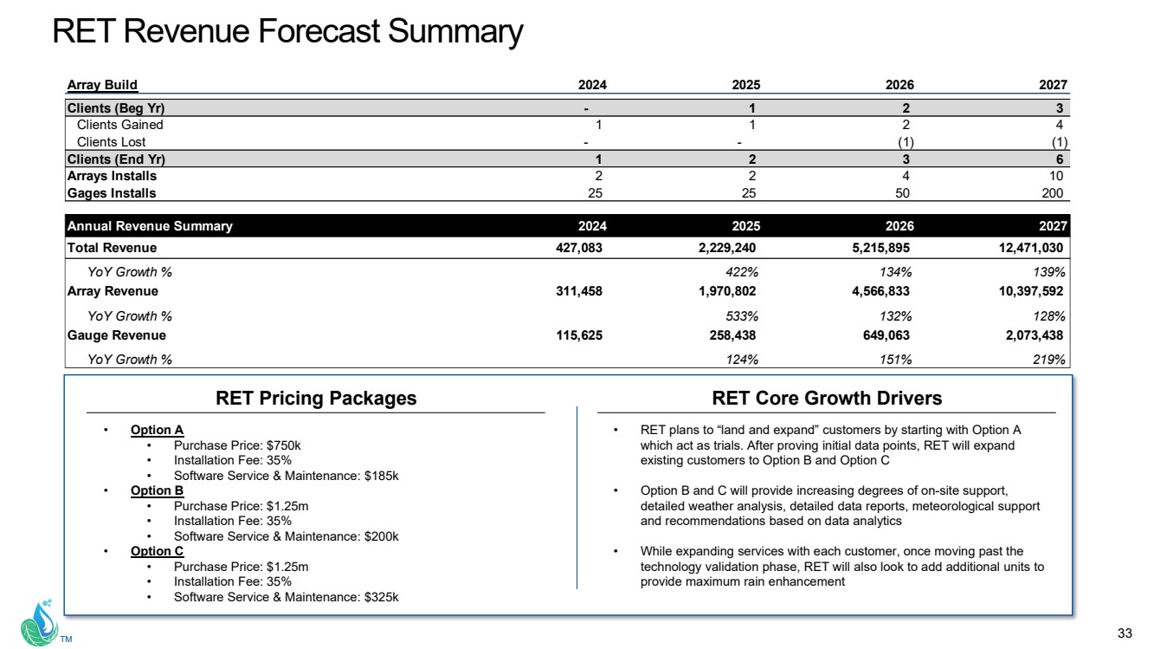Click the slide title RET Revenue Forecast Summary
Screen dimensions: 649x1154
pos(287,32)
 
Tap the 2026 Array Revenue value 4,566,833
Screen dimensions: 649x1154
pos(876,291)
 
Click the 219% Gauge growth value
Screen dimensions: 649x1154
pos(1049,360)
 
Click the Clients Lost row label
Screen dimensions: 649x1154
pos(111,142)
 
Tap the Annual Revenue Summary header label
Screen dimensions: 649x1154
pos(150,226)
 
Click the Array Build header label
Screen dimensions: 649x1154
pos(102,85)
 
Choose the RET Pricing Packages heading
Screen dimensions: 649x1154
pos(316,399)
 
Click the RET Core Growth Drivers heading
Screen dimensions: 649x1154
pos(827,399)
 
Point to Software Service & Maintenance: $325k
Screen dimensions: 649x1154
pos(286,597)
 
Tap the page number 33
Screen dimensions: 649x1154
pos(1125,631)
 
